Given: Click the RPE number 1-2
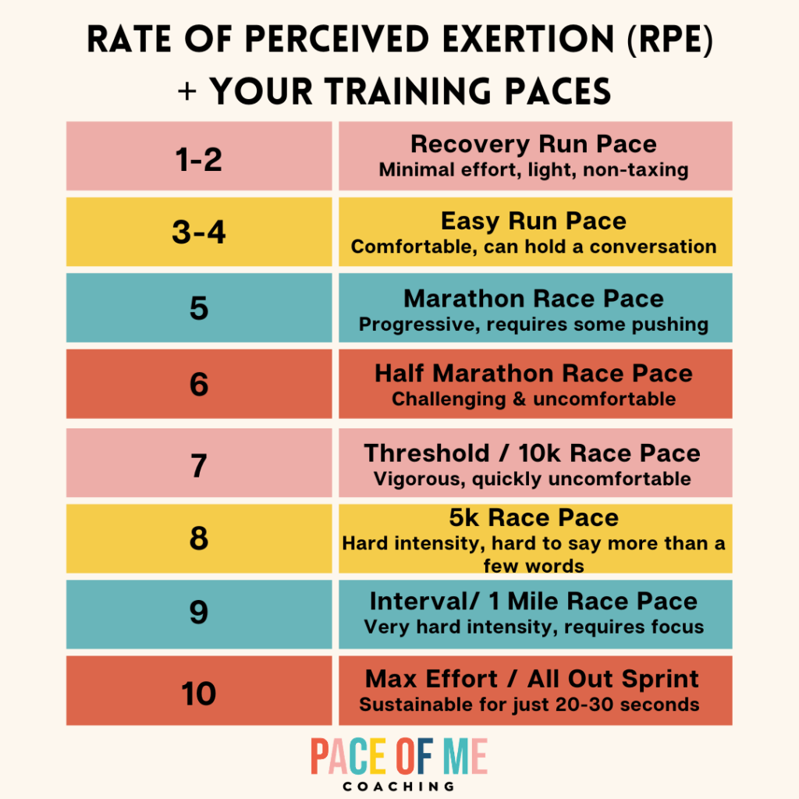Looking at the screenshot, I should tap(198, 158).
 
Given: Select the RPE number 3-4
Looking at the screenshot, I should tap(198, 233).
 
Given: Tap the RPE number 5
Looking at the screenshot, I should tap(199, 308).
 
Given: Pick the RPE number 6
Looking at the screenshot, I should tap(199, 384).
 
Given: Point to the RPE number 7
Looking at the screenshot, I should tap(199, 464).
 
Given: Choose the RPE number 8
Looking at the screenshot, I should tap(199, 538).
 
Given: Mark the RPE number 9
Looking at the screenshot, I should tap(199, 613).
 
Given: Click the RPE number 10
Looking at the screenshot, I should tap(199, 692).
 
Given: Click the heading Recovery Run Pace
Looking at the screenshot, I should tap(534, 145).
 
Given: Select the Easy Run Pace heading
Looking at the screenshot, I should tap(534, 221).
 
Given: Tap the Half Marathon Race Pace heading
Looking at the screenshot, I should tap(534, 374).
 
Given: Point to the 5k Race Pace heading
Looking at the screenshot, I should tap(534, 518).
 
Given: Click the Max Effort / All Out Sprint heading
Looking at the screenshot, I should tap(534, 679).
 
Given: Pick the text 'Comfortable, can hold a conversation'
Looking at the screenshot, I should tap(534, 247).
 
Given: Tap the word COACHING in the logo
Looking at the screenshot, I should tap(399, 786).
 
